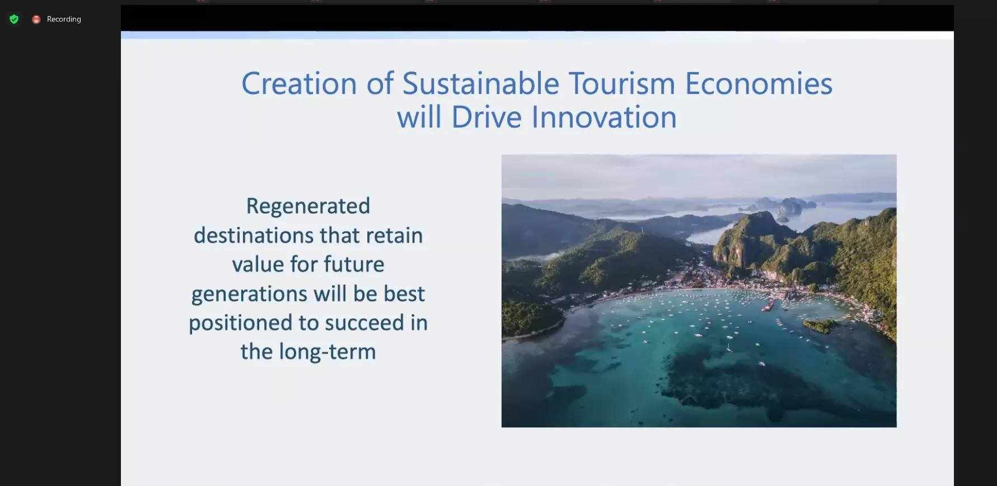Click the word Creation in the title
299,84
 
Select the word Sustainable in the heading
481,84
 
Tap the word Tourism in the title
622,84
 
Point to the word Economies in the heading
759,84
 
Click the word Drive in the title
486,117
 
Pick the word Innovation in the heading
604,117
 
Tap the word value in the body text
258,265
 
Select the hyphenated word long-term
327,352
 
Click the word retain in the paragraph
395,235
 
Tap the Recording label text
64,19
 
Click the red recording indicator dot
36,20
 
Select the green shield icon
14,20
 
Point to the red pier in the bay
769,305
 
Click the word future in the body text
354,265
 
